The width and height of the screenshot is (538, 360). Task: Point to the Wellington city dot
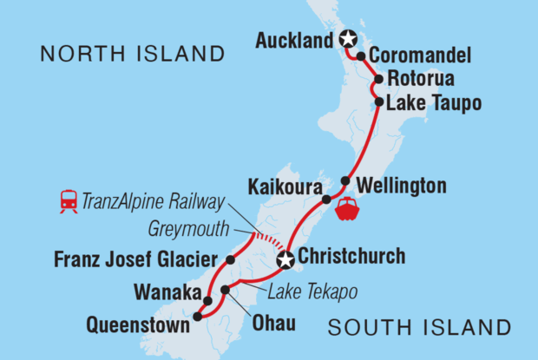tap(345, 181)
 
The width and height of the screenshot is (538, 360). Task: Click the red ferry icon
tap(346, 208)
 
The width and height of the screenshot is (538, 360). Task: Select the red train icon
tap(68, 201)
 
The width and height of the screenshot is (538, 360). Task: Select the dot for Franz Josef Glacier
tap(231, 259)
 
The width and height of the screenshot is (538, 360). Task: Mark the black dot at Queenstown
tap(197, 317)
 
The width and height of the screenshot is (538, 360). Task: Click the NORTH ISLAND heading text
tap(132, 55)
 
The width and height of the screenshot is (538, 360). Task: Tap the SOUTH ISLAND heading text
tap(419, 327)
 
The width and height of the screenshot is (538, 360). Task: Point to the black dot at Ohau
tap(225, 290)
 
